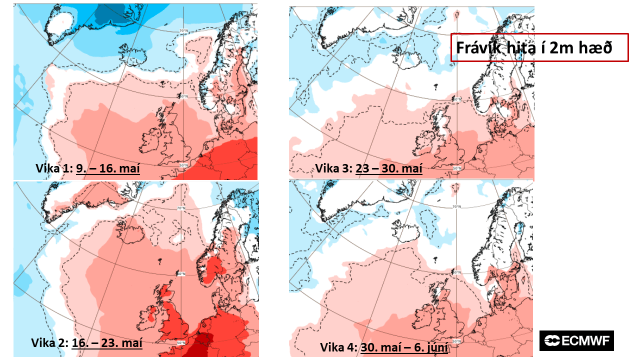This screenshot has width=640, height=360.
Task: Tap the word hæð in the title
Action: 598,48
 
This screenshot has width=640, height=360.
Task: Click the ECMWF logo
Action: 576,340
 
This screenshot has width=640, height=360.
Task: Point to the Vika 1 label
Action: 54,168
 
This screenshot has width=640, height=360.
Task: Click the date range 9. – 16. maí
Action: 108,168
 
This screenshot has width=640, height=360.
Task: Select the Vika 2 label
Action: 49,343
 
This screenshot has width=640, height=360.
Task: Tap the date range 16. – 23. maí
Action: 107,343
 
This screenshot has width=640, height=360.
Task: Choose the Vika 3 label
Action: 333,168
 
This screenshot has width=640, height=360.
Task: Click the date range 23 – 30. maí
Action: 389,168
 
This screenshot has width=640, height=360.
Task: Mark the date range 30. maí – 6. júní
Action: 404,347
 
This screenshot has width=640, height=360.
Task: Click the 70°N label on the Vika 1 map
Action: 184,31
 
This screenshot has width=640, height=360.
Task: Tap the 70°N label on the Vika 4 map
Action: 455,206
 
